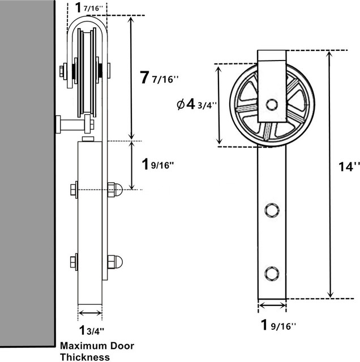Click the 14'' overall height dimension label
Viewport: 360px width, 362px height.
346,166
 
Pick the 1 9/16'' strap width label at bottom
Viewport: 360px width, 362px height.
278,325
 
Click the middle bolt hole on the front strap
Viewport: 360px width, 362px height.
272,210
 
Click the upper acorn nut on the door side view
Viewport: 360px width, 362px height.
114,189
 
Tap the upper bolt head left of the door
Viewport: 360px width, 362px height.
74,188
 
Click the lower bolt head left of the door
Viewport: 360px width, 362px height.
74,262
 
